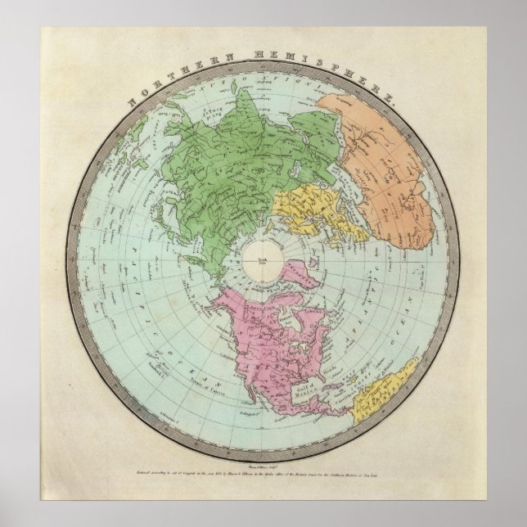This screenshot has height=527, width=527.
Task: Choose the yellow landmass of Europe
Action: [316, 217]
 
